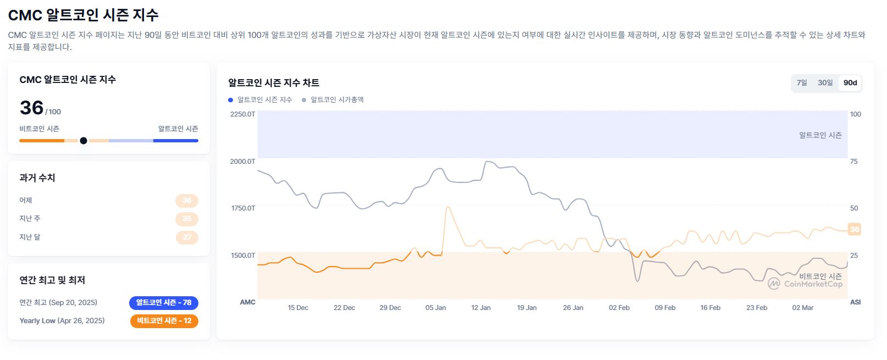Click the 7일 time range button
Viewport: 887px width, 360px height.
[x=802, y=83]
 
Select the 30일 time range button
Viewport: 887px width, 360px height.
[x=825, y=83]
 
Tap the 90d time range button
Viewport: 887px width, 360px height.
[x=850, y=83]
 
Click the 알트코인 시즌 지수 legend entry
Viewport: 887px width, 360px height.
[x=260, y=100]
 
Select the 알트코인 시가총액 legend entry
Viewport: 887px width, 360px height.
[x=333, y=100]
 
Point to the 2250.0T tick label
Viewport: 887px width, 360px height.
[x=242, y=114]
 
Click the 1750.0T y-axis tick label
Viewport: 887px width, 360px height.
[x=243, y=208]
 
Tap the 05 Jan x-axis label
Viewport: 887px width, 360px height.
[x=435, y=308]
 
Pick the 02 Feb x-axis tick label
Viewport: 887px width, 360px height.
[x=619, y=308]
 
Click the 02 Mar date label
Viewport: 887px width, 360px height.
[x=802, y=308]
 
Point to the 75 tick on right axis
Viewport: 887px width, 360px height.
[x=853, y=162]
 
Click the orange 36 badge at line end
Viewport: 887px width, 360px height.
[x=854, y=229]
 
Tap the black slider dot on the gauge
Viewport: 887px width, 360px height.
[x=84, y=141]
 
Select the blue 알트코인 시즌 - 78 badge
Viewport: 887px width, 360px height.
[x=164, y=303]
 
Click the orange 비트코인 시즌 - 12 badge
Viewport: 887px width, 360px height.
[x=164, y=321]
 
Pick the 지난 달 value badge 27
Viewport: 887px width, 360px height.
[x=187, y=237]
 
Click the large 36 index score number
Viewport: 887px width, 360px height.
[x=31, y=108]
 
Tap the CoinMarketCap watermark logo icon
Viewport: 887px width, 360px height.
[x=774, y=284]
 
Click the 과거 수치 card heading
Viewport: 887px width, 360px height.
[x=37, y=178]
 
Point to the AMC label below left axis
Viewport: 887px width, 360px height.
[x=247, y=302]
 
